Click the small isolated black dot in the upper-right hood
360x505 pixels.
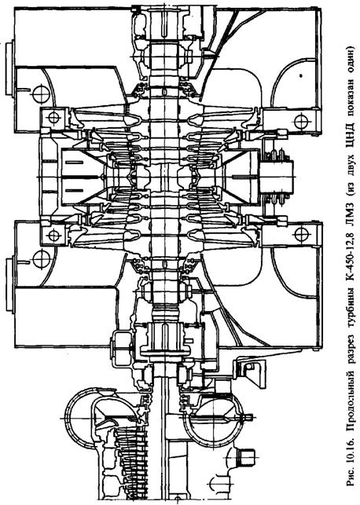pyautogui.click(x=301, y=76)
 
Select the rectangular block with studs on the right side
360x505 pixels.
pyautogui.click(x=277, y=177)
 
